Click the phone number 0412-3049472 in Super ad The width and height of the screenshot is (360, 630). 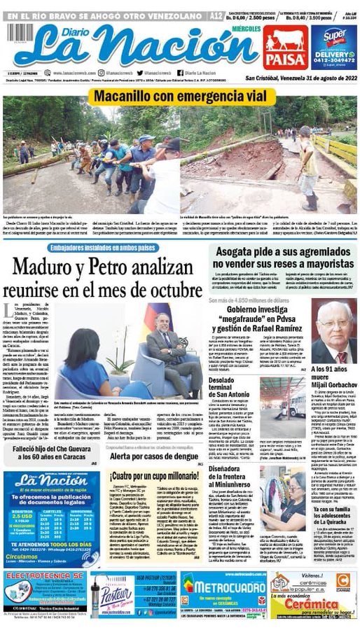click(x=334, y=59)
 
